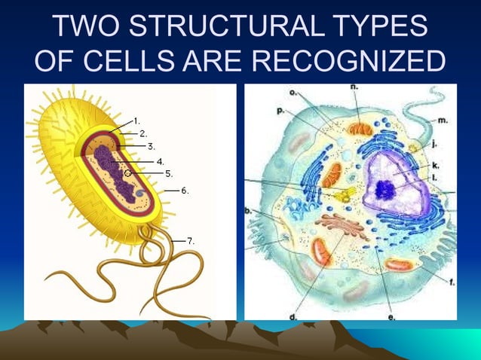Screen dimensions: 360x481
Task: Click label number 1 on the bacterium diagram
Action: (136, 121)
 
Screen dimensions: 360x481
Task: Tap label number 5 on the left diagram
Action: (169, 173)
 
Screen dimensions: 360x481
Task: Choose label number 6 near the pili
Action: (185, 191)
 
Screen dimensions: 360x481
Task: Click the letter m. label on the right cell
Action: (443, 119)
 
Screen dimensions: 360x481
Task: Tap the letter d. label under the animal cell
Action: (293, 317)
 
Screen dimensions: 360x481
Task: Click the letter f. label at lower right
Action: (451, 282)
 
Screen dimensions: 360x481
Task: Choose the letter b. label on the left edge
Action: (249, 212)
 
